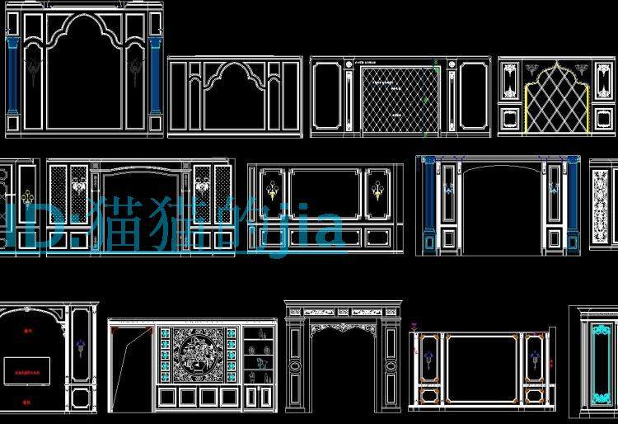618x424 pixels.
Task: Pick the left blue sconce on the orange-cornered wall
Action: click(428, 357)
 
